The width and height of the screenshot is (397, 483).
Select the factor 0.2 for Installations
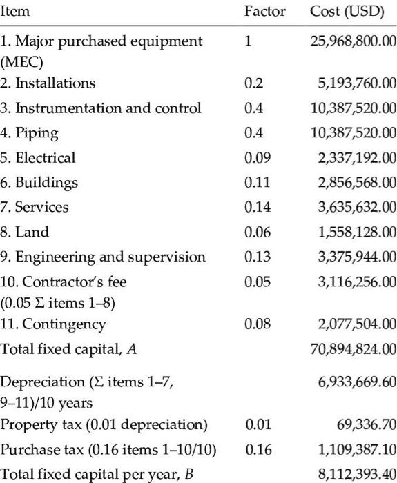[x=253, y=83]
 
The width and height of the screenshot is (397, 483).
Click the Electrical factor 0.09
[x=256, y=158]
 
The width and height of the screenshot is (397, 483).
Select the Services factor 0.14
[x=256, y=208]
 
